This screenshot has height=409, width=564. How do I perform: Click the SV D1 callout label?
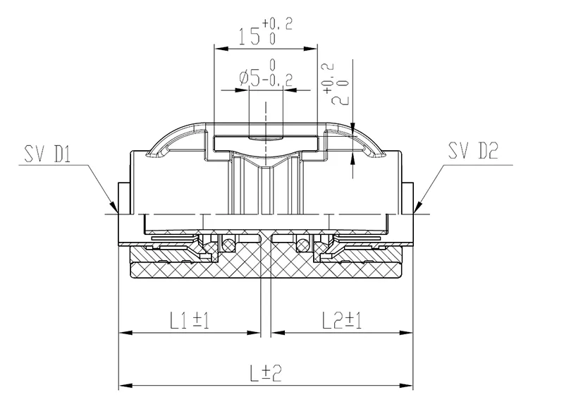tap(47, 153)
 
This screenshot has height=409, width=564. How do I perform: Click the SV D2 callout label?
tap(473, 151)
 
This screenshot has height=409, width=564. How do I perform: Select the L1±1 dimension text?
tap(190, 320)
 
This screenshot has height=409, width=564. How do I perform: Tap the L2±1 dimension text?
tap(342, 320)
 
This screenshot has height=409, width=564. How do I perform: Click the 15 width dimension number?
tap(249, 36)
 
